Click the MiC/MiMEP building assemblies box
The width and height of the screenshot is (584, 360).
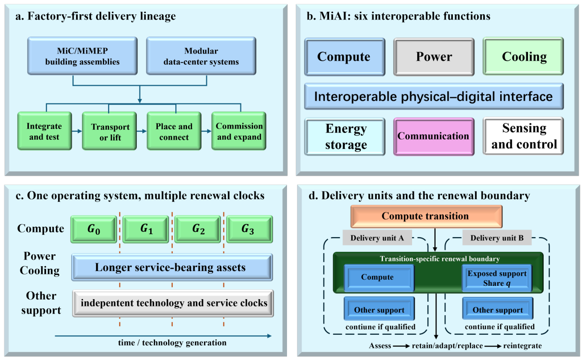pos(82,56)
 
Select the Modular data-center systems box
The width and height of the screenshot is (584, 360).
pos(201,56)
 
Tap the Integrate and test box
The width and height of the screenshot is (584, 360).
pos(45,131)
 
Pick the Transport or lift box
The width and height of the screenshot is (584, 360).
pos(109,131)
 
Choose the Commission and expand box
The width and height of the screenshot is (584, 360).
pos(239,131)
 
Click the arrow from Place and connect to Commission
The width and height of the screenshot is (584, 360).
pos(206,131)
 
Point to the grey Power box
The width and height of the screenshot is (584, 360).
pos(434,57)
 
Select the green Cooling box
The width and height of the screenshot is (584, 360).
pos(523,56)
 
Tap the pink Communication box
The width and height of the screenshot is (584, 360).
pos(434,137)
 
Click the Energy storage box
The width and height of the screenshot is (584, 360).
pos(345,137)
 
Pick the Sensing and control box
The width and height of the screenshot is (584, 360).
pos(523,136)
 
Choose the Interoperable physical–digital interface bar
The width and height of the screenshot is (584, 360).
pos(434,96)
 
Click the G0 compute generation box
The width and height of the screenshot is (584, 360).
pos(94,229)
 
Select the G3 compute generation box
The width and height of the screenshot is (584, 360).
pos(250,229)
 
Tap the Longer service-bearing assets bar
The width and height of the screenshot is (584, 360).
pos(172,267)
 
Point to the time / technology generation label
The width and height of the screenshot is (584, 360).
pos(172,343)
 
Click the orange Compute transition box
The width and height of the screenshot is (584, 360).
pos(426,216)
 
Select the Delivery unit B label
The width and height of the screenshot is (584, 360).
pos(497,238)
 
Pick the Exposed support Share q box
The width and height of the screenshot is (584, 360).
pos(497,278)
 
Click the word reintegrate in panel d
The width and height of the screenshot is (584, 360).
pos(522,346)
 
